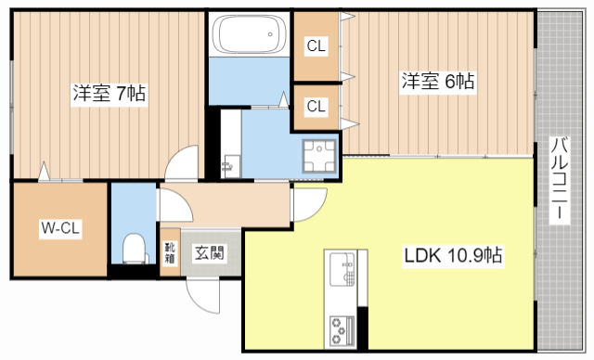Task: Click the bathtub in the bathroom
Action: point(248,36)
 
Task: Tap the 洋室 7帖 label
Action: point(108,93)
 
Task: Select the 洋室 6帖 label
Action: point(437,81)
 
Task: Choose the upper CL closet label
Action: point(316,45)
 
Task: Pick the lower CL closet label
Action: point(316,106)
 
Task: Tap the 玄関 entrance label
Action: point(207,251)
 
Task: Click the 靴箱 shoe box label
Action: point(170,251)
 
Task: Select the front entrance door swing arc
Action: point(204,295)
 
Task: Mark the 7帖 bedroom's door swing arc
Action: point(179,162)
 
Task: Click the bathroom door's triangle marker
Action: point(282,96)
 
